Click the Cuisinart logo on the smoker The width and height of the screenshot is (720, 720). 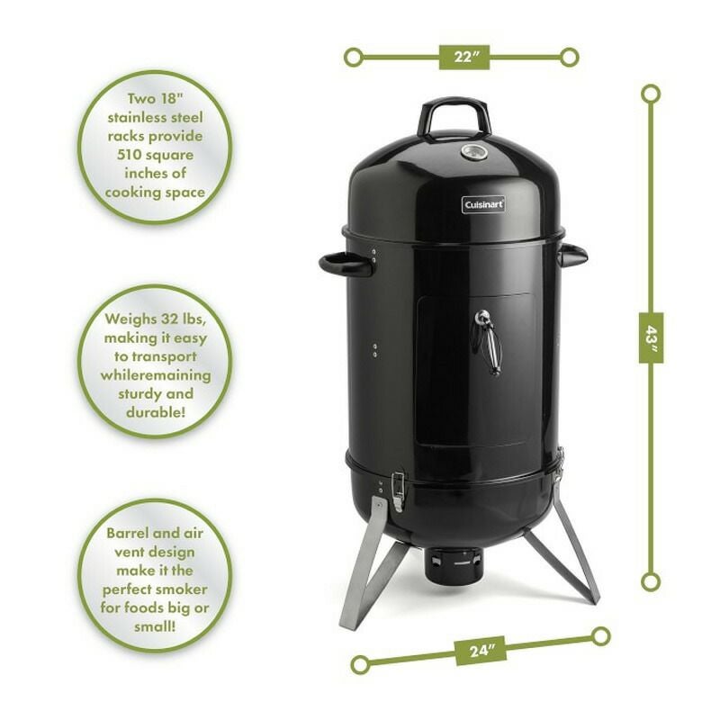click(x=483, y=204)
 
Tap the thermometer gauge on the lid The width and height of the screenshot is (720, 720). click(x=472, y=151)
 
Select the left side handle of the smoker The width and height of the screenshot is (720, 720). click(x=346, y=264)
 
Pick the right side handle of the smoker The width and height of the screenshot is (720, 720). click(x=572, y=256)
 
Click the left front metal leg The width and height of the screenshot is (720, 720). click(x=365, y=567)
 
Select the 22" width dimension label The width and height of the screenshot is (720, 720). click(x=463, y=57)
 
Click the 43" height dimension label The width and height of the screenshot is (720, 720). click(x=650, y=337)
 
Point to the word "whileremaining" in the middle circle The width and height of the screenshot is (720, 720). click(x=155, y=374)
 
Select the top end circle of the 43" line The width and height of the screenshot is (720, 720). click(x=650, y=93)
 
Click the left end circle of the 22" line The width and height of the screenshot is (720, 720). click(x=355, y=58)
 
